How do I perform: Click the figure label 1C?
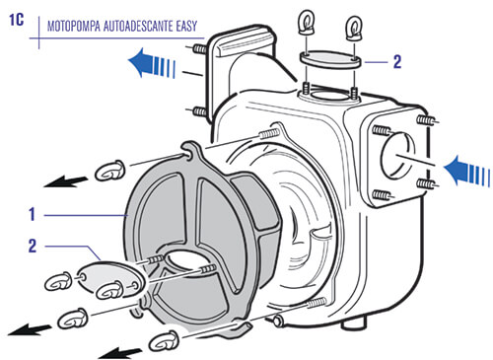tap(16, 20)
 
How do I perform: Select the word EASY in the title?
tap(186, 26)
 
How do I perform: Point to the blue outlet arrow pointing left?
tap(151, 62)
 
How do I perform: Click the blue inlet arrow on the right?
tap(466, 171)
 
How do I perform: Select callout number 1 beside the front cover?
tap(32, 214)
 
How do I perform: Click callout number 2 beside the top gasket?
tap(397, 62)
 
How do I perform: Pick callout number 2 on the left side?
tap(33, 246)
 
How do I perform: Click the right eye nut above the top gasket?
tap(354, 28)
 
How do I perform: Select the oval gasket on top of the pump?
tap(330, 59)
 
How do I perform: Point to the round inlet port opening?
tap(397, 156)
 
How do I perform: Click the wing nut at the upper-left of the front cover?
tap(109, 171)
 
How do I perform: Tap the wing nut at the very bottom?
tap(164, 342)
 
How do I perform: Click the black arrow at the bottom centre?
tap(120, 353)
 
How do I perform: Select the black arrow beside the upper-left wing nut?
tap(66, 181)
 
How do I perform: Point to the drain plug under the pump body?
tap(354, 324)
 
